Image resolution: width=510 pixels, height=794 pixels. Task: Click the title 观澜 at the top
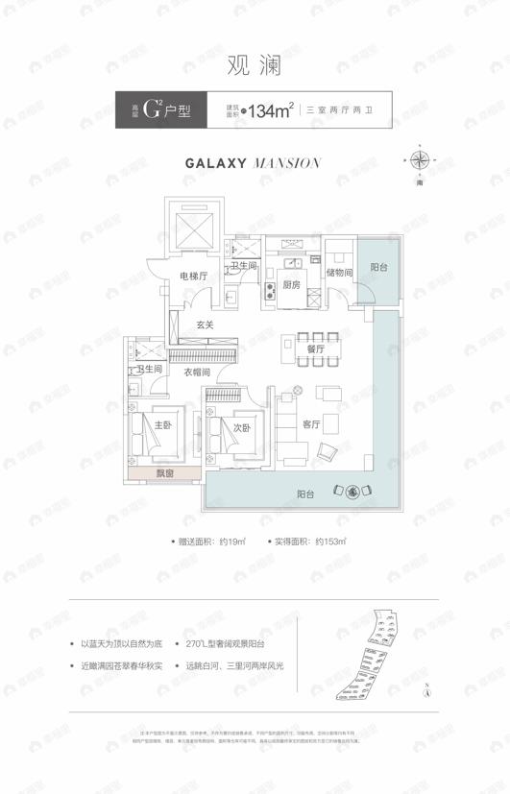pyautogui.click(x=255, y=66)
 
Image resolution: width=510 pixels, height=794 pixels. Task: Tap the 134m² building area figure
pyautogui.click(x=270, y=111)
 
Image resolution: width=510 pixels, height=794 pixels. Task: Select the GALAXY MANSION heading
pyautogui.click(x=252, y=163)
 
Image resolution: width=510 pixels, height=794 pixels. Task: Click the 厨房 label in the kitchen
pyautogui.click(x=292, y=284)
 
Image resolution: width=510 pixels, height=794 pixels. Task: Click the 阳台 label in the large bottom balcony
pyautogui.click(x=306, y=493)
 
